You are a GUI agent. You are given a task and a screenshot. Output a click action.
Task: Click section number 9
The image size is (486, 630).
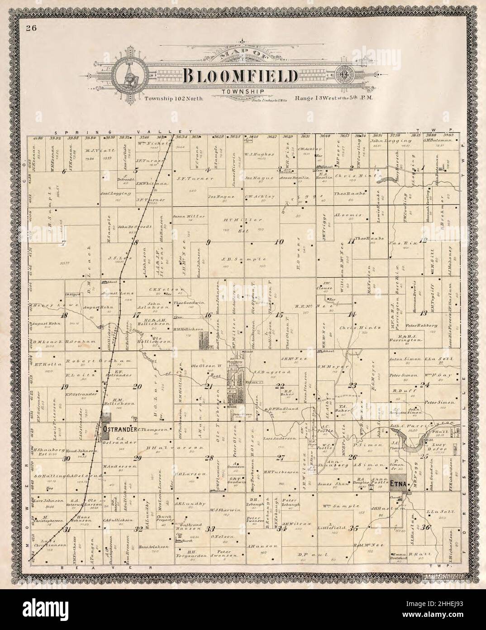tap(208, 242)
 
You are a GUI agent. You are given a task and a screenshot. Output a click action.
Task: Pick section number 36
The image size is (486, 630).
tap(426, 528)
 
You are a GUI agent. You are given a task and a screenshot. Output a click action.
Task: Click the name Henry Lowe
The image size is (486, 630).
tap(49, 305)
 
